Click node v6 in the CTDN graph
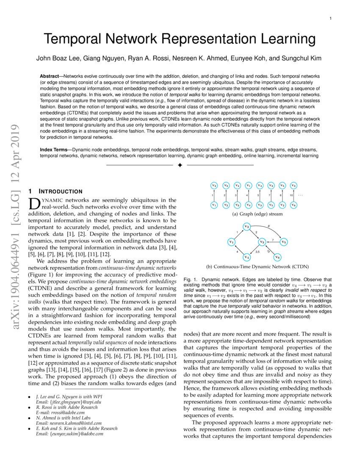point(277,257)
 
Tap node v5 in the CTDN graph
point(284,242)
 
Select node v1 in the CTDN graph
point(231,242)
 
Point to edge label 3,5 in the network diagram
point(257,252)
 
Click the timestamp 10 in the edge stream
point(291,195)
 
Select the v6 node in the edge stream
point(294,205)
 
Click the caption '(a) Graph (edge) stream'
point(257,214)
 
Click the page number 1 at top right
point(330,19)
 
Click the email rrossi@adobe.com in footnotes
point(66,412)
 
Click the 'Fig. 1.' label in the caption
point(190,280)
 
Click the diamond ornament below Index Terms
point(180,164)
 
